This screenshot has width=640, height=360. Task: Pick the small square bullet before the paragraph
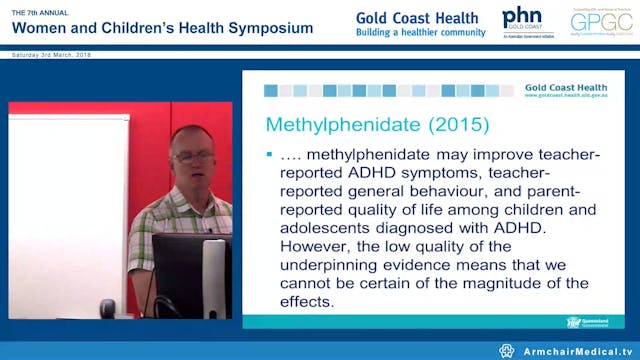270,156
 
